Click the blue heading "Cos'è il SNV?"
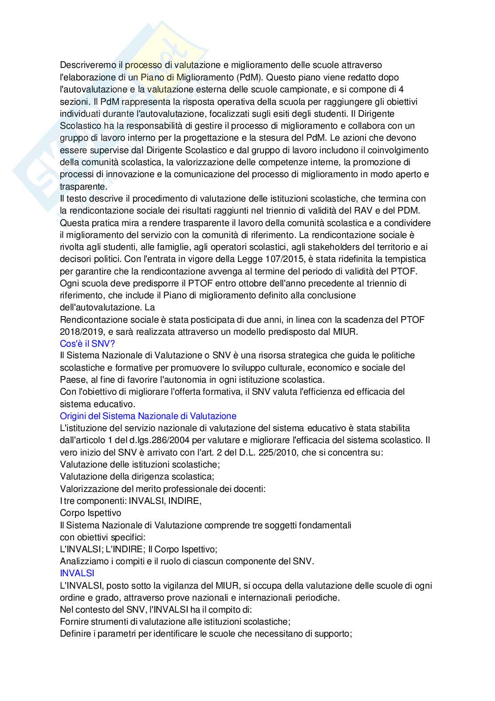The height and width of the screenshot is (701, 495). (x=87, y=344)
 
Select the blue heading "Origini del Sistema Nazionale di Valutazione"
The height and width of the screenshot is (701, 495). (x=148, y=416)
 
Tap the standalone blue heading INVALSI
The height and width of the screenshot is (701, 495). (x=77, y=573)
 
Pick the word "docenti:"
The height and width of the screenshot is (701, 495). (x=251, y=489)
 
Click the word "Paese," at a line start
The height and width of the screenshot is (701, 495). (x=73, y=380)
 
